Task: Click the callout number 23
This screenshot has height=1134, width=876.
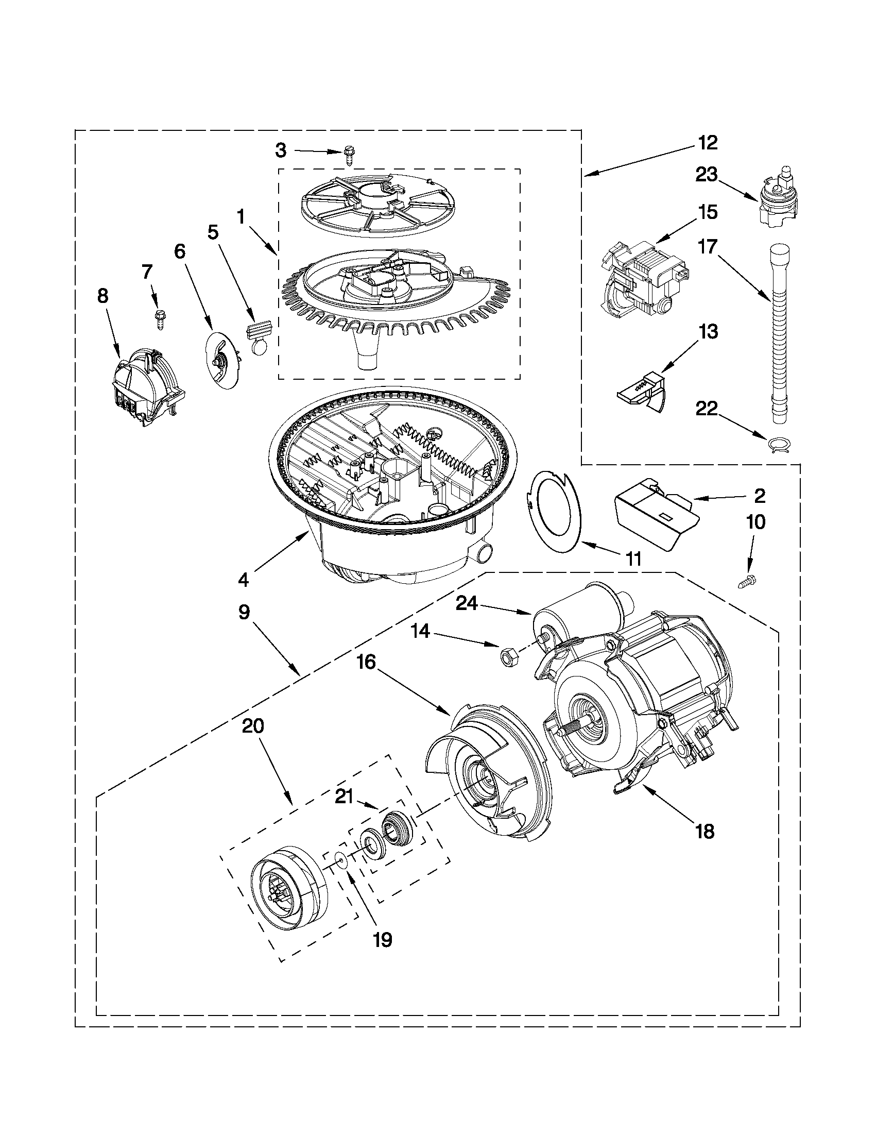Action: pyautogui.click(x=707, y=175)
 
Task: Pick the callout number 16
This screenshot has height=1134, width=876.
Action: pyautogui.click(x=367, y=663)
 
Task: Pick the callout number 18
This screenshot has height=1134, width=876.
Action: pyautogui.click(x=705, y=831)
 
